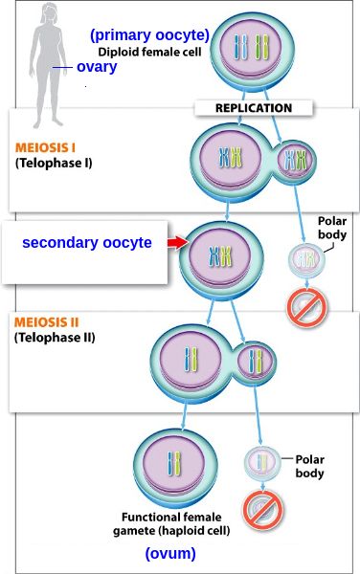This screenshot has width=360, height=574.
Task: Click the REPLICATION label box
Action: (x=254, y=108)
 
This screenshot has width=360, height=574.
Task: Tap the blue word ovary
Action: (x=97, y=67)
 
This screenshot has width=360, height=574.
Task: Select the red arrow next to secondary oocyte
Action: (x=178, y=242)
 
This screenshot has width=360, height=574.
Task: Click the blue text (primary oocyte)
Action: (x=149, y=35)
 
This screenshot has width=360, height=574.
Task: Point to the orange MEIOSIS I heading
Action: (x=45, y=147)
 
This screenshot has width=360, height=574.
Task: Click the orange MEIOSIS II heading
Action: (x=47, y=322)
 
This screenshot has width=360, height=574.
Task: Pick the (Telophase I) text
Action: (x=54, y=163)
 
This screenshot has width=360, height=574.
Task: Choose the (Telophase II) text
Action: (x=55, y=338)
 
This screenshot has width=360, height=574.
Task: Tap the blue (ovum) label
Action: (x=170, y=554)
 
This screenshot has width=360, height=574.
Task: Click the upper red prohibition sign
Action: (x=306, y=307)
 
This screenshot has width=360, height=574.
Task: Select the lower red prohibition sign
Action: (x=263, y=510)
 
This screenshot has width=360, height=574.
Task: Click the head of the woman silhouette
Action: (x=50, y=13)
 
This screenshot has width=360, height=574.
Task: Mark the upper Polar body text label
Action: (x=332, y=228)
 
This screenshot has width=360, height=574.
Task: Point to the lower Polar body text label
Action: (x=309, y=467)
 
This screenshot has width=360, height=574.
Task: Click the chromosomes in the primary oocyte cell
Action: (x=251, y=48)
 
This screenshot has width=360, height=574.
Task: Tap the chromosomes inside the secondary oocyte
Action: (x=220, y=256)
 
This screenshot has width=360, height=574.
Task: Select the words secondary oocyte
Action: (x=87, y=242)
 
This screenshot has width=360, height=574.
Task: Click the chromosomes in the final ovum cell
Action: (x=174, y=463)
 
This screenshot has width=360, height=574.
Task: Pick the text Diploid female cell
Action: (x=149, y=52)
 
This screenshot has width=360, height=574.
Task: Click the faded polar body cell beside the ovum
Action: (x=262, y=463)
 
